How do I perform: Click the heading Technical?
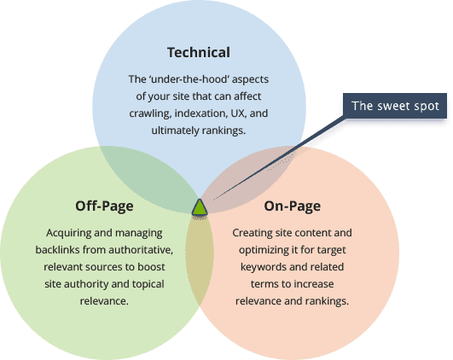(x=198, y=52)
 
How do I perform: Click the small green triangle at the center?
(x=200, y=207)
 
